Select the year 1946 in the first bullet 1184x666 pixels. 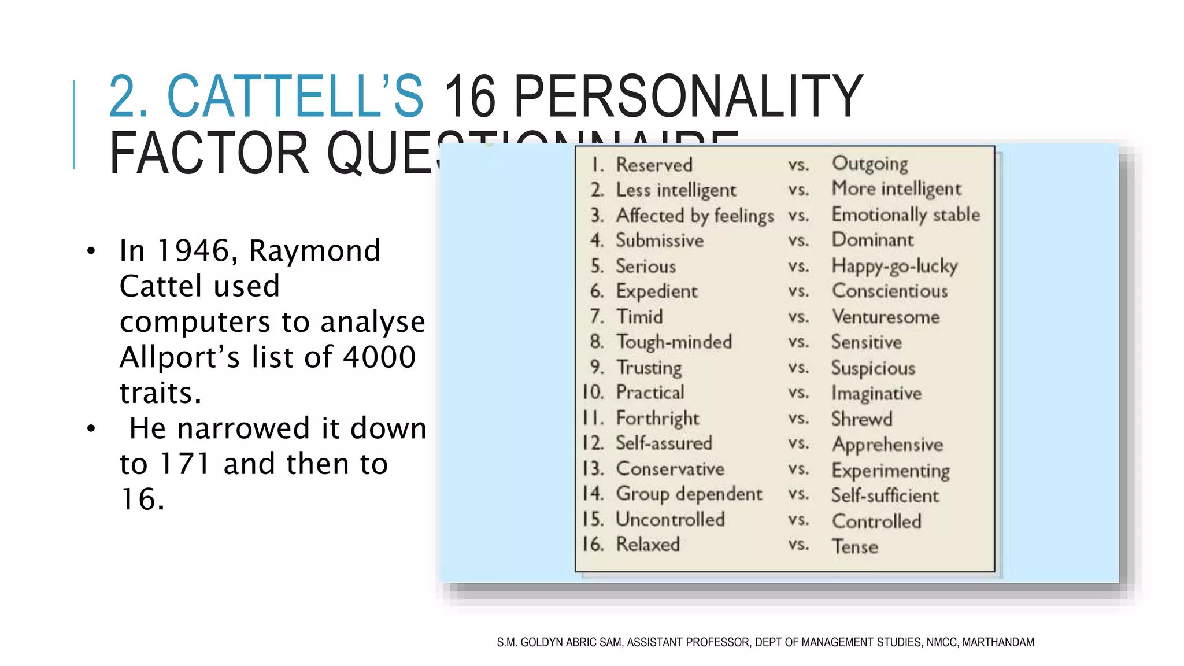(x=194, y=251)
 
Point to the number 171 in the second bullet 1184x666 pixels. (x=184, y=464)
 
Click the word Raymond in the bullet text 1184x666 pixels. (x=314, y=251)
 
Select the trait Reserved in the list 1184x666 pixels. (x=654, y=165)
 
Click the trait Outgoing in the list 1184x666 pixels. (x=869, y=164)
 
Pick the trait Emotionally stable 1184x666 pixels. (x=905, y=214)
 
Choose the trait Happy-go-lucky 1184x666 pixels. (x=894, y=266)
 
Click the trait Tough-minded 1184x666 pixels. (x=674, y=342)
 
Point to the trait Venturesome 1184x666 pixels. (x=885, y=317)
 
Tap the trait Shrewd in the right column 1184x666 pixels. (x=861, y=419)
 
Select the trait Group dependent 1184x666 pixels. (x=689, y=494)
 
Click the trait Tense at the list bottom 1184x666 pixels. (x=854, y=546)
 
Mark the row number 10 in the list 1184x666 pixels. (x=593, y=393)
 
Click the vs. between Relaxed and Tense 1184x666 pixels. (x=798, y=545)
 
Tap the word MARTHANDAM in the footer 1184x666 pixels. (x=998, y=642)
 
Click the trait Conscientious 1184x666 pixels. (x=889, y=291)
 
